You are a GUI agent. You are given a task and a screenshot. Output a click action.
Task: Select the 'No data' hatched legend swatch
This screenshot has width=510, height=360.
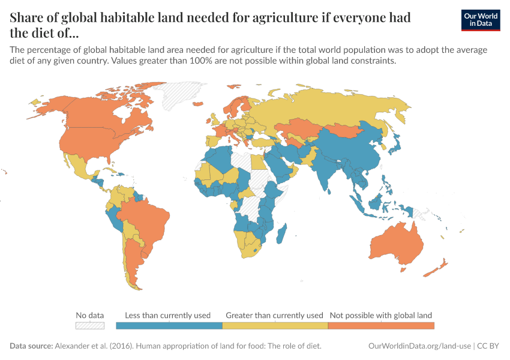(x=89, y=325)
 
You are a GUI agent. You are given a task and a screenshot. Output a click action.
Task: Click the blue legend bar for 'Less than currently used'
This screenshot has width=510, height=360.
(x=169, y=325)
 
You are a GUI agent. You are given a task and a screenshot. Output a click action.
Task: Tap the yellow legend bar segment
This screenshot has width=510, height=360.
(x=275, y=325)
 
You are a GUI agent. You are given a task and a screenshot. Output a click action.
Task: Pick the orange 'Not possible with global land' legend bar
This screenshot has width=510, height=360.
(x=381, y=325)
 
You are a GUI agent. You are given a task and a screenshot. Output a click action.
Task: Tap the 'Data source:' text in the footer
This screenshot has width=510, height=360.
(x=32, y=346)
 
